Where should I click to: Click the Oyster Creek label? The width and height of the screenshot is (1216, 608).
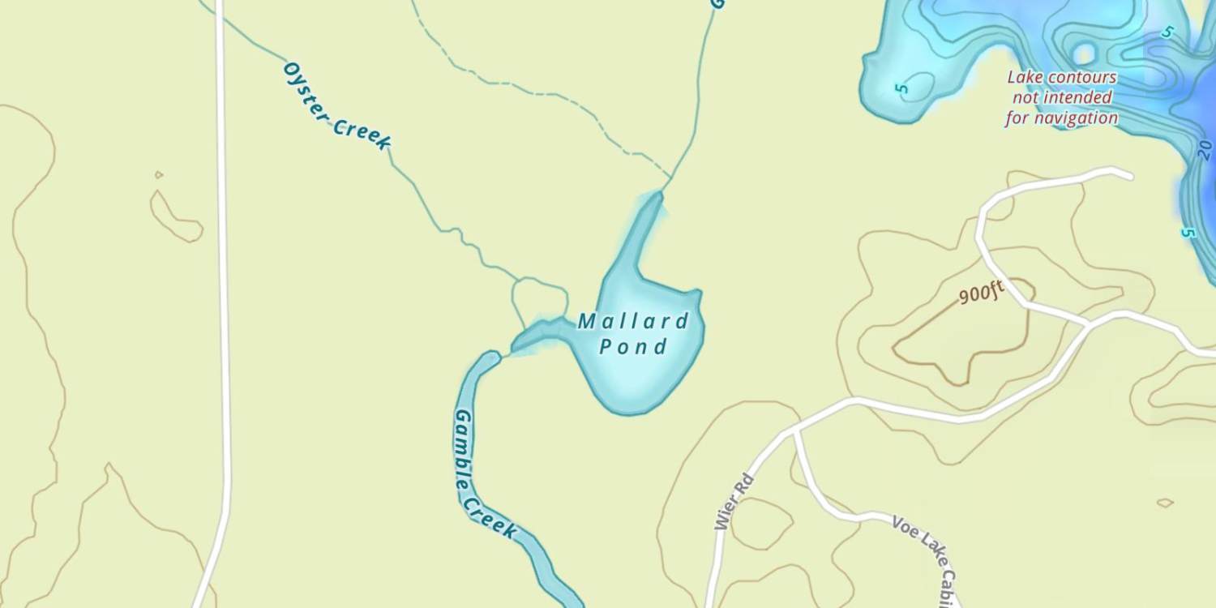point(336,106)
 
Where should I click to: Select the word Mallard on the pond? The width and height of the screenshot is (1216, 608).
point(633,322)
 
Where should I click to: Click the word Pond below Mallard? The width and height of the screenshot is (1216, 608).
point(633,347)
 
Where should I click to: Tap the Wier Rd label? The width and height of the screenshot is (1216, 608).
point(734,502)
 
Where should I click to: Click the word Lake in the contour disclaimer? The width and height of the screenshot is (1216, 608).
point(1023,78)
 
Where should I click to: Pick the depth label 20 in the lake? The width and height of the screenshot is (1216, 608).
point(1204,149)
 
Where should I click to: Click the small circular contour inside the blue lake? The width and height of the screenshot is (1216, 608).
point(1084,54)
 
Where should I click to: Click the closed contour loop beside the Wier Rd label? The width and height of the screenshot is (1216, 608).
point(762,523)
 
